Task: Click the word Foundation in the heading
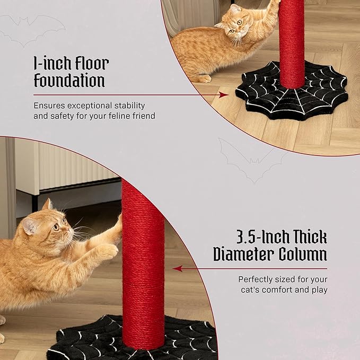click(69, 81)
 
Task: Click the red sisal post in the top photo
click(292, 42)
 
